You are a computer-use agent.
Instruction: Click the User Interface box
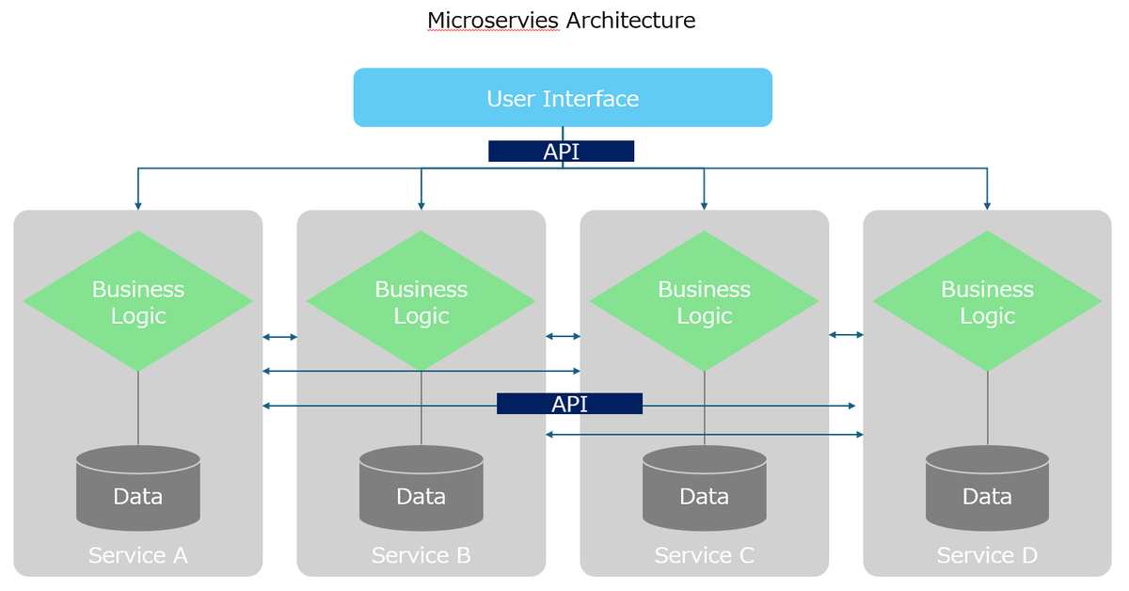pyautogui.click(x=563, y=98)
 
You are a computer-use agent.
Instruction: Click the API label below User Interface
pyautogui.click(x=562, y=152)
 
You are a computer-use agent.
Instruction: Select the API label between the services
pyautogui.click(x=569, y=404)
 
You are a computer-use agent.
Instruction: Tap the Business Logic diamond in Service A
pyautogui.click(x=138, y=301)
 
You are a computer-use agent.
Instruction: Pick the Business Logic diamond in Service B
pyautogui.click(x=421, y=301)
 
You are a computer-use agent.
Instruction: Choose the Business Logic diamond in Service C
pyautogui.click(x=704, y=301)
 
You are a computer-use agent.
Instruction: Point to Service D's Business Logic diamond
pyautogui.click(x=987, y=301)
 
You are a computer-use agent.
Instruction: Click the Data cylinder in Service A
pyautogui.click(x=138, y=489)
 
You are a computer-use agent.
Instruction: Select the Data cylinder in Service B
pyautogui.click(x=421, y=489)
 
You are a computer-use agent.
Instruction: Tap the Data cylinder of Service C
pyautogui.click(x=704, y=489)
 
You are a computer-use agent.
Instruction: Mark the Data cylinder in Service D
pyautogui.click(x=987, y=489)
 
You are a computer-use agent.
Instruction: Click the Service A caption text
pyautogui.click(x=138, y=555)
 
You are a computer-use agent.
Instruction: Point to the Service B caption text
pyautogui.click(x=421, y=555)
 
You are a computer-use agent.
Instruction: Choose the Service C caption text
pyautogui.click(x=705, y=555)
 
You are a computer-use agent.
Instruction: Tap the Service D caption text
pyautogui.click(x=987, y=555)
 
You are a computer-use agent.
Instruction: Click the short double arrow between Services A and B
pyautogui.click(x=279, y=337)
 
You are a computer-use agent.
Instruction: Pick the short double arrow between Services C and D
pyautogui.click(x=846, y=334)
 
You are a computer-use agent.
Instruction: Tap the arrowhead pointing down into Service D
pyautogui.click(x=987, y=203)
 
